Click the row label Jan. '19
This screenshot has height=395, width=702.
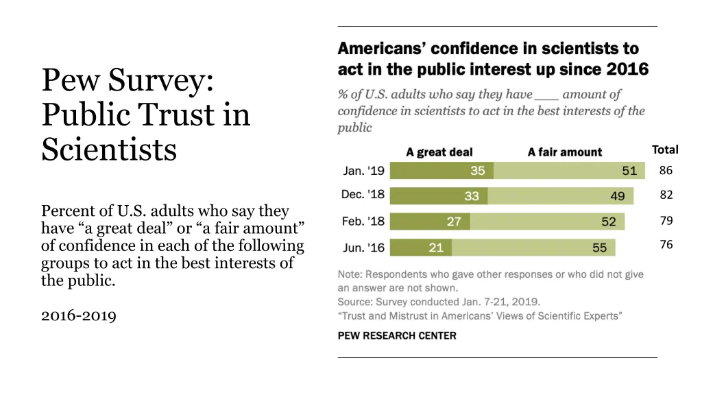tap(363, 170)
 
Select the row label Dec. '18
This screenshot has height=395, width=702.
tap(363, 195)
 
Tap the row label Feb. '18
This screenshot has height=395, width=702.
tap(363, 222)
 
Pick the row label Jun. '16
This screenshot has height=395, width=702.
tap(363, 247)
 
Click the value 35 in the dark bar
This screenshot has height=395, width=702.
tap(477, 171)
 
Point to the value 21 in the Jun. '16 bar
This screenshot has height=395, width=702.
tap(436, 248)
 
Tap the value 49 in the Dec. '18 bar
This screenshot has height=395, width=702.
tap(618, 196)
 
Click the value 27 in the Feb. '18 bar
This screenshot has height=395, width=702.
tap(454, 222)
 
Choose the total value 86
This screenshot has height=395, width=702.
tap(666, 171)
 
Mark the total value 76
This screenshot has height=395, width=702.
tap(666, 245)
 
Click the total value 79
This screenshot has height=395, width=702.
tap(666, 221)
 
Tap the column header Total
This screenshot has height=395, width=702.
tap(665, 149)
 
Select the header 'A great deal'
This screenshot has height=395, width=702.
tap(439, 152)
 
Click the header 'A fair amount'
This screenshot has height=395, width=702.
tap(565, 152)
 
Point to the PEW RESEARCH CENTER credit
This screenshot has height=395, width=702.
tap(397, 335)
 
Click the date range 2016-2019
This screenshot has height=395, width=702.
tap(79, 315)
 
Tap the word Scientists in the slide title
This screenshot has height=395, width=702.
tap(109, 149)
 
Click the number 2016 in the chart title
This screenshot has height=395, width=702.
tap(627, 69)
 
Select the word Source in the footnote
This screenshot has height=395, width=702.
tap(354, 302)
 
